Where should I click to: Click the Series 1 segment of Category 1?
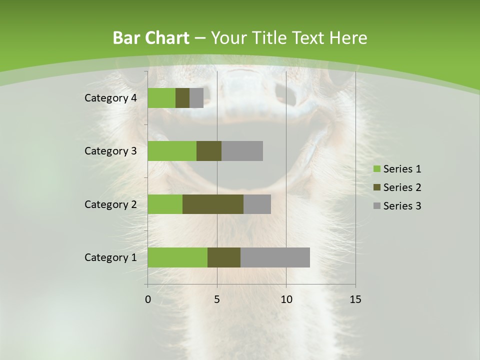[177, 257]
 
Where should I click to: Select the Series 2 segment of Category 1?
[224, 257]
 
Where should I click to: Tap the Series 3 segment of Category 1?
[275, 257]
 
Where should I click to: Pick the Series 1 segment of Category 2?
[165, 204]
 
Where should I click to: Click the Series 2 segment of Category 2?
[213, 204]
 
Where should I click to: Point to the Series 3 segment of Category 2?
[257, 204]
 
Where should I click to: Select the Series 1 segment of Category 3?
[172, 151]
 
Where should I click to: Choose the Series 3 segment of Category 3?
[242, 151]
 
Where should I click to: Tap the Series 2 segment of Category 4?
[182, 98]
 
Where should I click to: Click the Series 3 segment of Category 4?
[196, 98]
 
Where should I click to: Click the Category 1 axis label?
[110, 257]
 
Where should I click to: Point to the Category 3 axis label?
[110, 151]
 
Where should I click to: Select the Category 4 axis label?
[110, 98]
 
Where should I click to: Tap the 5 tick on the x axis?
[217, 299]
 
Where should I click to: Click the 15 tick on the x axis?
[355, 299]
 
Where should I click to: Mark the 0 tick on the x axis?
[148, 299]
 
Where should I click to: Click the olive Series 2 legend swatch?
[377, 187]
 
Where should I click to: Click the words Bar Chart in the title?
[151, 38]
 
